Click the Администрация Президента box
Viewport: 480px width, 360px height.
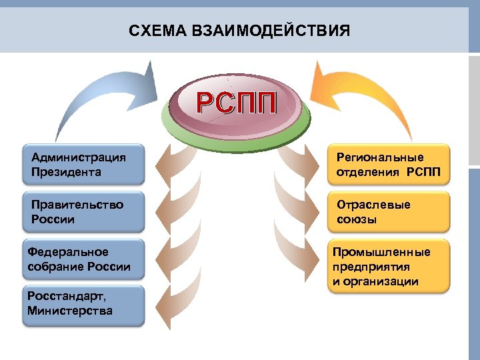pos(83,164)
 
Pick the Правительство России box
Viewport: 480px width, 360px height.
pos(83,212)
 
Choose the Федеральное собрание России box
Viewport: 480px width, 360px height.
pos(83,260)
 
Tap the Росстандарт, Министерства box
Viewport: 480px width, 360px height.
pos(83,305)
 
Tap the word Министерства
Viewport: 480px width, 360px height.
pos(70,311)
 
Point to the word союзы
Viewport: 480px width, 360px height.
pos(357,219)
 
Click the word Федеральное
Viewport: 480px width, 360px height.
pos(68,252)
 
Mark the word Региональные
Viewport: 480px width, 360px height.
pos(380,157)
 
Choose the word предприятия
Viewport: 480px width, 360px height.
pos(371,267)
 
